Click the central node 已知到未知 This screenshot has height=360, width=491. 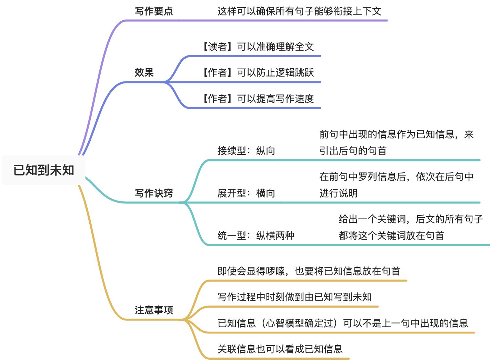(x=43, y=170)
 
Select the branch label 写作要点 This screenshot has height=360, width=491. (x=154, y=11)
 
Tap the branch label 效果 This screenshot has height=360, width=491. (x=144, y=72)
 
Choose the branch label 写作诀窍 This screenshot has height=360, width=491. (x=154, y=193)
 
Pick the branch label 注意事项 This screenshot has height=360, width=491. (x=154, y=310)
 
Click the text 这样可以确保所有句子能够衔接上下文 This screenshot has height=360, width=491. (x=299, y=11)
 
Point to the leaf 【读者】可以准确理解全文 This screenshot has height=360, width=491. (x=257, y=47)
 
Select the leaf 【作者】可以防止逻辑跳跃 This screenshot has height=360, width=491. (x=257, y=72)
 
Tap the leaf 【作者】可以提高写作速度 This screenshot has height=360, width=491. (x=257, y=99)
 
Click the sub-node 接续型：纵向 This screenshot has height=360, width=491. (x=246, y=151)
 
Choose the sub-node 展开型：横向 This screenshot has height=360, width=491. (x=246, y=193)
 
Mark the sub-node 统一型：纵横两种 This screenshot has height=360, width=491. (x=256, y=236)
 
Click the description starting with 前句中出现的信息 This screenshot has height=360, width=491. (x=397, y=142)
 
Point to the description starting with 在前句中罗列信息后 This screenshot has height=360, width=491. (x=397, y=184)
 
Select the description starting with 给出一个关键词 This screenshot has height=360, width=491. (x=411, y=227)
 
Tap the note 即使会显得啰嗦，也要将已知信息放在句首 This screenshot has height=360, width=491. (x=309, y=271)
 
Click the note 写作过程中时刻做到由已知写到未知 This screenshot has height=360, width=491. (x=294, y=297)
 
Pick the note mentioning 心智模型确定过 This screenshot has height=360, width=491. (x=343, y=323)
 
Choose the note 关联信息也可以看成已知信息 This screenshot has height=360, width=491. (x=280, y=349)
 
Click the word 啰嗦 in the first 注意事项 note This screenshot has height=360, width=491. (x=275, y=271)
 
